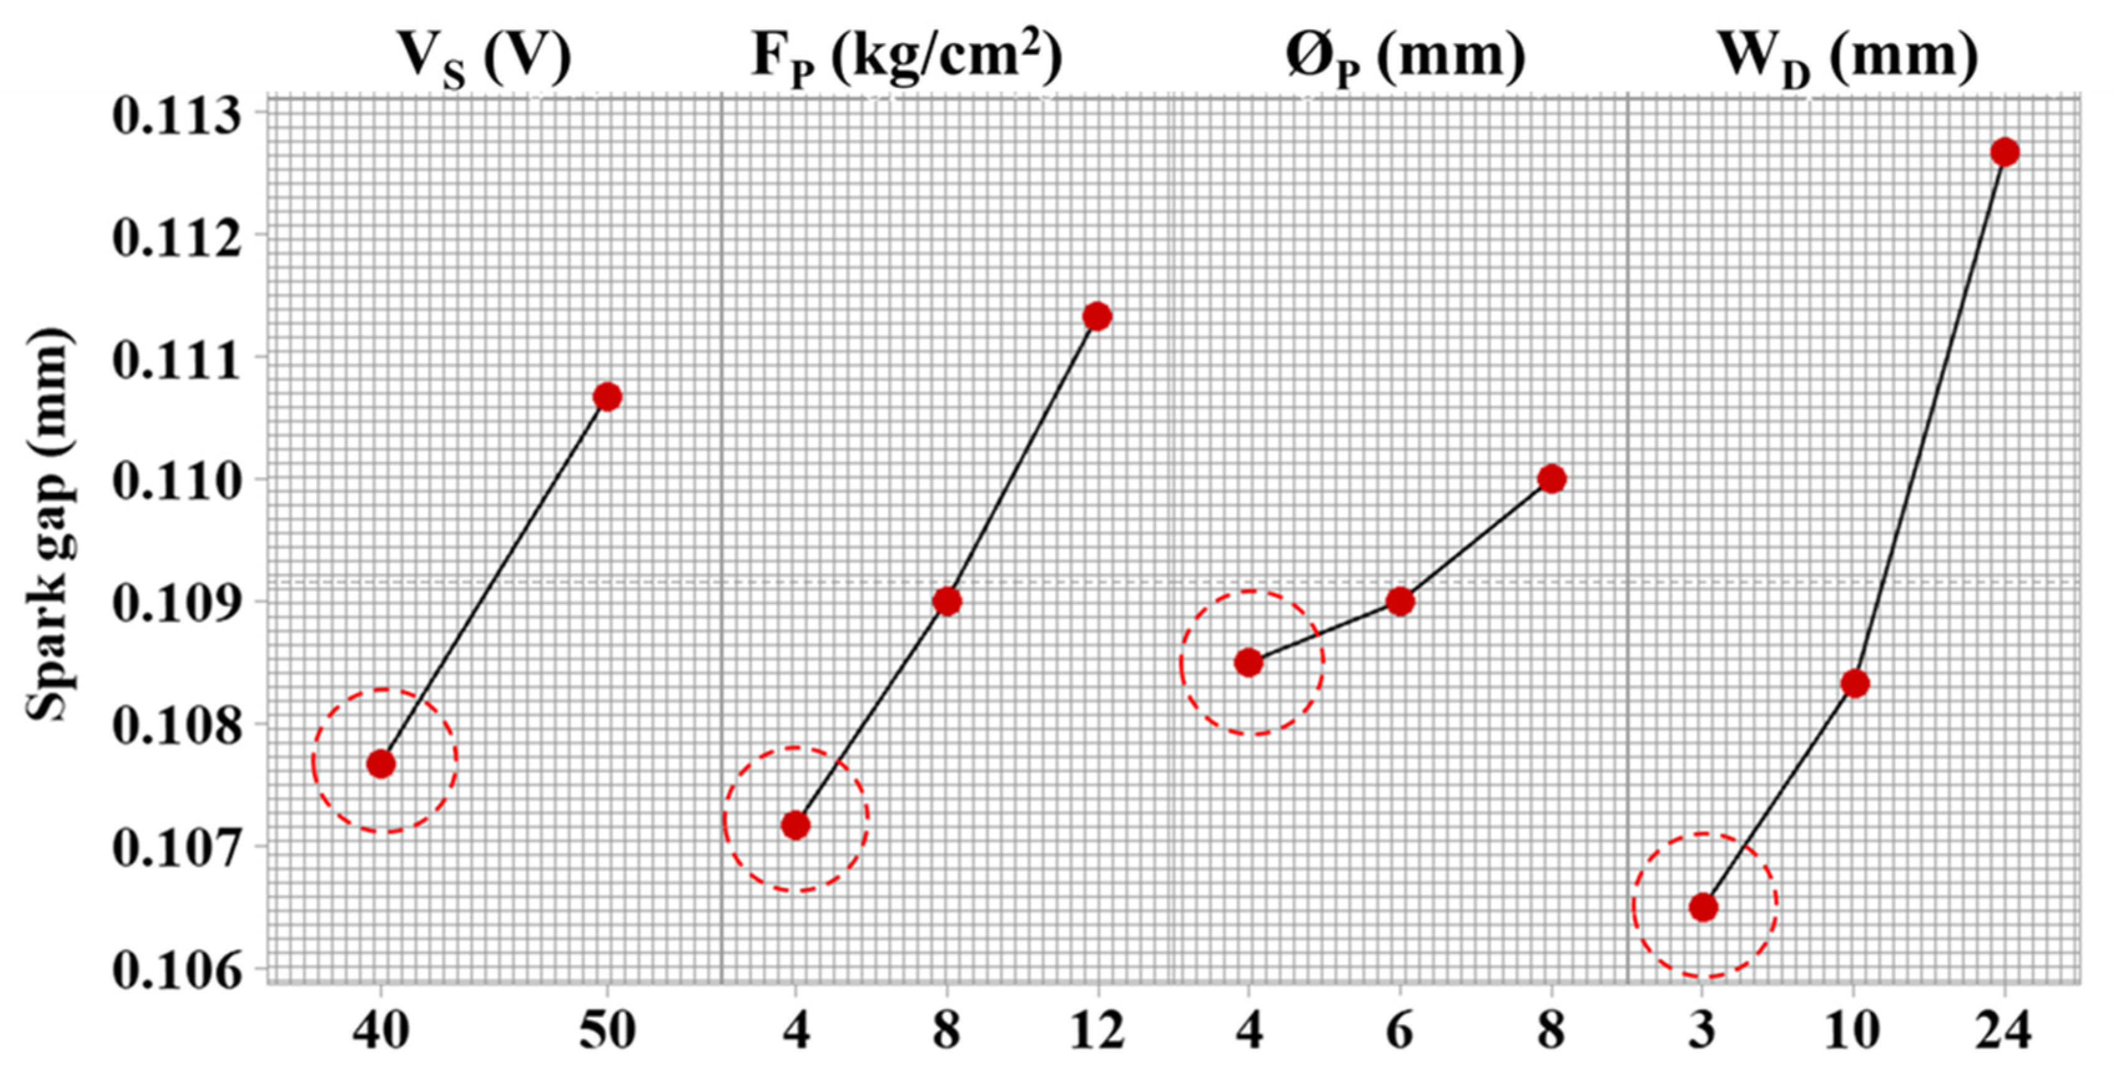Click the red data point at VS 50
pyautogui.click(x=607, y=397)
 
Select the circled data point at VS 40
pyautogui.click(x=381, y=764)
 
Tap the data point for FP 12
pyautogui.click(x=1097, y=316)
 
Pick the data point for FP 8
pyautogui.click(x=947, y=601)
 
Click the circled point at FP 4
pyautogui.click(x=795, y=824)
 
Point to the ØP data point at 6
pyautogui.click(x=1400, y=601)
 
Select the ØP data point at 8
pyautogui.click(x=1551, y=479)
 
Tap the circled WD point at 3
pyautogui.click(x=1703, y=907)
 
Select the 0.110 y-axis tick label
pyautogui.click(x=177, y=481)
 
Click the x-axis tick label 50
pyautogui.click(x=607, y=1030)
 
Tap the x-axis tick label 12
pyautogui.click(x=1097, y=1030)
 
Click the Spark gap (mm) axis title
pyautogui.click(x=49, y=525)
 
